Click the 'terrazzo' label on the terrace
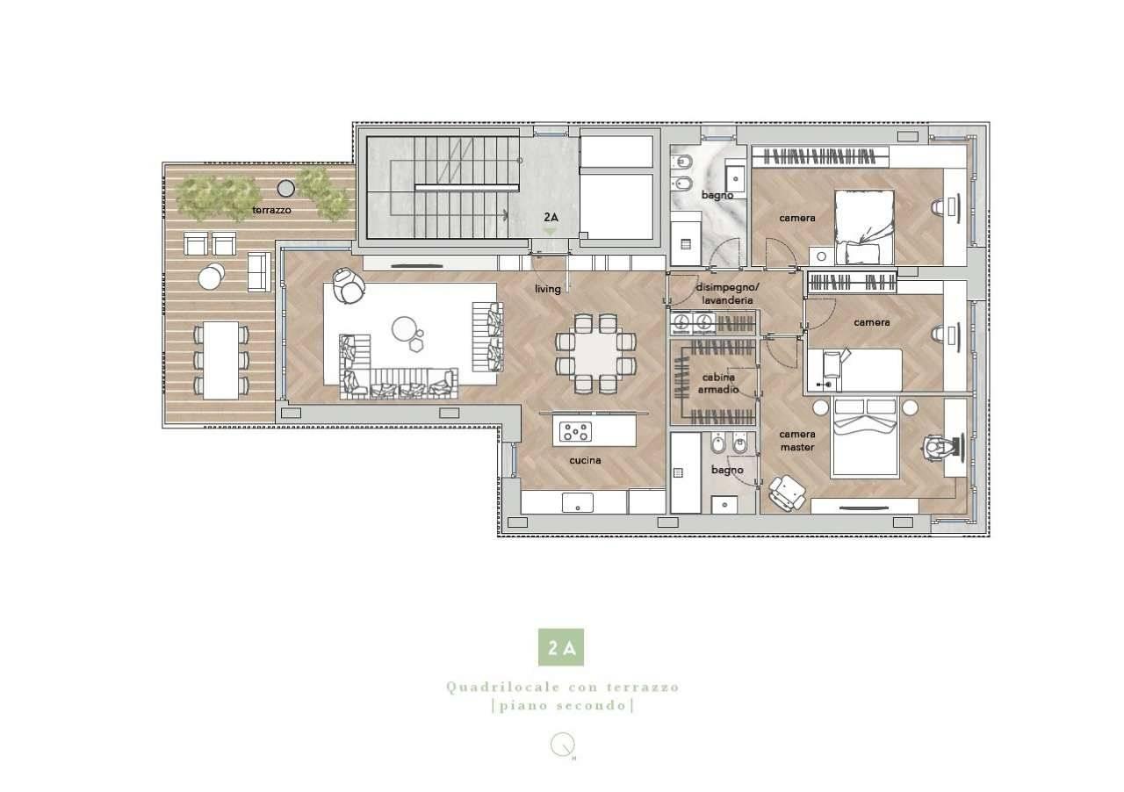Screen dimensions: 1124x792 (x=271, y=210)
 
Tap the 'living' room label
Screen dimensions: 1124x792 (x=547, y=289)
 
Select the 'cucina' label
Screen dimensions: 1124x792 (x=585, y=460)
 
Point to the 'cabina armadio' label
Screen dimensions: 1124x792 (x=718, y=383)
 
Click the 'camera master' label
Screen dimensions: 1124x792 (x=796, y=440)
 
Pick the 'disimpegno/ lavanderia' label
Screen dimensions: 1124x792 (x=728, y=293)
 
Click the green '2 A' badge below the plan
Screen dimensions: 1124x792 (x=561, y=647)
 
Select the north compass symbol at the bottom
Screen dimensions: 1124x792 (x=561, y=747)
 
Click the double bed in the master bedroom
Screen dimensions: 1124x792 (x=865, y=436)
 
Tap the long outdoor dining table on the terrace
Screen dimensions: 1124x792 (x=220, y=360)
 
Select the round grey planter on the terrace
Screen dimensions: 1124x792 (x=286, y=188)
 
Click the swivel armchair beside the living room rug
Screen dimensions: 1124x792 (x=349, y=285)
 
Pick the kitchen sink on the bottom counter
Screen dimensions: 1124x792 (x=578, y=502)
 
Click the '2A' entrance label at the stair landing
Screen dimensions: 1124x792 (x=551, y=218)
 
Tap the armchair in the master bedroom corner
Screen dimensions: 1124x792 (x=787, y=493)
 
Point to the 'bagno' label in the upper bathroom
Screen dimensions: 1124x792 (x=717, y=195)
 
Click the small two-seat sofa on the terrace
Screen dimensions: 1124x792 (x=259, y=271)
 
